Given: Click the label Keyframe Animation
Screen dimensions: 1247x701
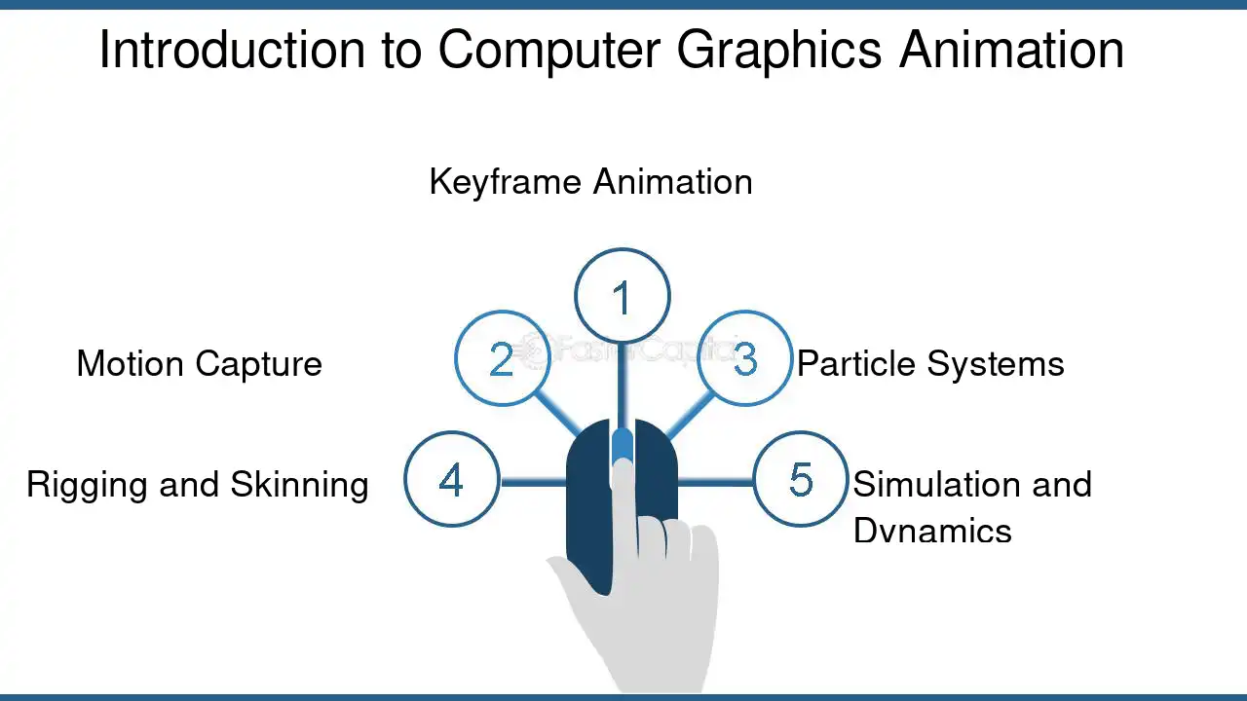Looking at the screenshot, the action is pos(590,182).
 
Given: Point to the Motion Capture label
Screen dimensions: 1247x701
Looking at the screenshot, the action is pos(200,364).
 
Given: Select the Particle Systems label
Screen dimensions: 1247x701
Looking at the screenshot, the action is pos(930,364).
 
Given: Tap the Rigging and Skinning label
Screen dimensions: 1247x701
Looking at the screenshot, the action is pos(198,485).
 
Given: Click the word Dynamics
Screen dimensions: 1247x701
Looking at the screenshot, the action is pos(932,531).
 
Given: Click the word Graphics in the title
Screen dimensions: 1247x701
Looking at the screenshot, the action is pos(778,51).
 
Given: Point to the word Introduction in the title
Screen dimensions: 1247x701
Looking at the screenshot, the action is pos(232,50).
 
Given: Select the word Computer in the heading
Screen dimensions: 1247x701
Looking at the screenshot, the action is pos(548,51).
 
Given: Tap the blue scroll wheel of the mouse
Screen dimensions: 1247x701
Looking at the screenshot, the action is pos(622,445).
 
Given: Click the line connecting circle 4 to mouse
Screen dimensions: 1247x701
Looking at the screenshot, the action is pos(533,482).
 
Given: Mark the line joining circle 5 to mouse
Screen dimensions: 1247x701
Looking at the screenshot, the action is pos(715,482).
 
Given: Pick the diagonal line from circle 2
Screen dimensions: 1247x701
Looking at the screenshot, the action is pos(557,415).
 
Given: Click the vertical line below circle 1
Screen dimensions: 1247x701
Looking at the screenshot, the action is pos(623,386).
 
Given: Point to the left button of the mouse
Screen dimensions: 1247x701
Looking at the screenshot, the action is pos(589,506).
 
